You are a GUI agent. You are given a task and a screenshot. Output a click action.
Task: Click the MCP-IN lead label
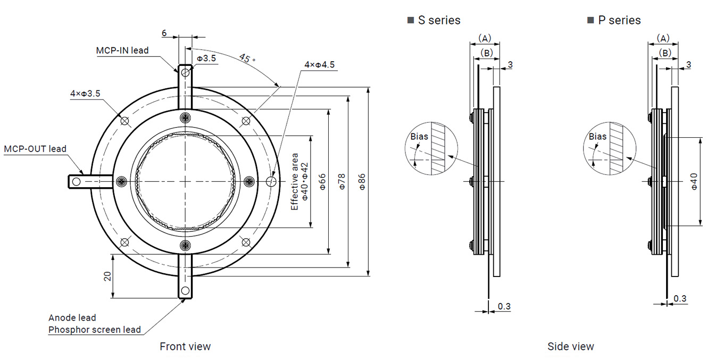click(122, 51)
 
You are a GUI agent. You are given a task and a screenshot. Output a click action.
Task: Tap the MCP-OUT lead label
click(35, 149)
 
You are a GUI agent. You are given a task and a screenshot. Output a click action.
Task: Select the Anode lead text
click(72, 317)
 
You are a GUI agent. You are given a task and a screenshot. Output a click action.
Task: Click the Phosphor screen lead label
click(95, 330)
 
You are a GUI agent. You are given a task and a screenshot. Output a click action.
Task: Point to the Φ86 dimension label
click(361, 182)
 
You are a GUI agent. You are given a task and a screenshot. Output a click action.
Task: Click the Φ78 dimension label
click(342, 182)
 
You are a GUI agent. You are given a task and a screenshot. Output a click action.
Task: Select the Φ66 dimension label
click(322, 182)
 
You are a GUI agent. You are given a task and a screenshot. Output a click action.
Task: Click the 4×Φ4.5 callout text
click(319, 65)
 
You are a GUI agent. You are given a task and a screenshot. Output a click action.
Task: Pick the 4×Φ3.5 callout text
click(85, 94)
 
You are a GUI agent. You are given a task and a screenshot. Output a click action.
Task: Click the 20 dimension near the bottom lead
click(107, 276)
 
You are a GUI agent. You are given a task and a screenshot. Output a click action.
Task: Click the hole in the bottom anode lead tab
click(185, 290)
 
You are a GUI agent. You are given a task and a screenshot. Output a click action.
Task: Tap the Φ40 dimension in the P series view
click(694, 182)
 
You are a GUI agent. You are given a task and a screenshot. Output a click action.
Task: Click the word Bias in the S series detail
click(419, 137)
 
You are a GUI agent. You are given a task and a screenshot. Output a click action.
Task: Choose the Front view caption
click(185, 347)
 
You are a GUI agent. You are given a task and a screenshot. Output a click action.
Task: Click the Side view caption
click(570, 347)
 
